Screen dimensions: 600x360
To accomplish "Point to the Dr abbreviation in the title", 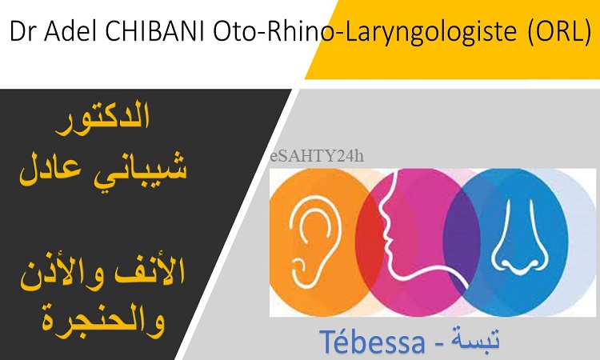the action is (23, 31).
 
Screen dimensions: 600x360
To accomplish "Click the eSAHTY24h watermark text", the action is (317, 156).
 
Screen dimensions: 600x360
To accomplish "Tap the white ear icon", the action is (310, 241).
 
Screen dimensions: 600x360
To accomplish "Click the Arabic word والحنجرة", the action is (103, 321).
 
